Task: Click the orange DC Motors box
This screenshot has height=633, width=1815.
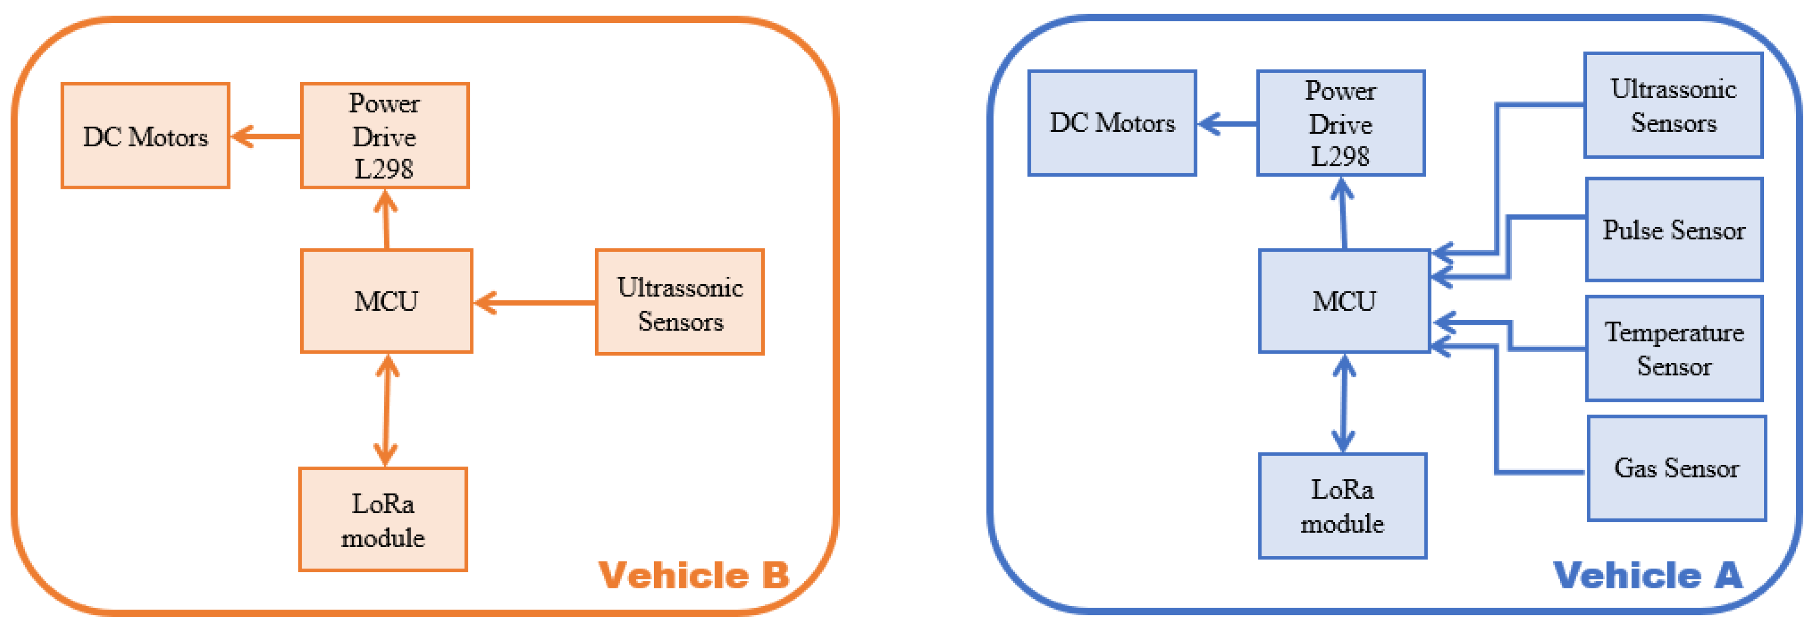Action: [145, 136]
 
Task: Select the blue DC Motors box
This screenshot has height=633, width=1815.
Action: [1112, 123]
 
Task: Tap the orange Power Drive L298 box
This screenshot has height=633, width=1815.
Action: [385, 136]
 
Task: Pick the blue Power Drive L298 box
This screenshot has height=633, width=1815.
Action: [1340, 123]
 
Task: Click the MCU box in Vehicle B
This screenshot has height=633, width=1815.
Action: [386, 301]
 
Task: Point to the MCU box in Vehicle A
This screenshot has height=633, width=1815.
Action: [1344, 301]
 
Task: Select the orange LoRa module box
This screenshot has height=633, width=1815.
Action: [383, 519]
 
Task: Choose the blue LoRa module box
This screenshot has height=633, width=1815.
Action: [1342, 506]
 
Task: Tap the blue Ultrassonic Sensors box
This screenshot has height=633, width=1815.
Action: [1673, 106]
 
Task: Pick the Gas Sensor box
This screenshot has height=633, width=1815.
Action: [1676, 469]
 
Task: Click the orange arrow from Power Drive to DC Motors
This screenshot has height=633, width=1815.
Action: [266, 136]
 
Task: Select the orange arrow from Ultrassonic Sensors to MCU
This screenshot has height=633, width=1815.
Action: [534, 303]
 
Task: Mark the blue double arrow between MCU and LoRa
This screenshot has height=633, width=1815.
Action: [1344, 403]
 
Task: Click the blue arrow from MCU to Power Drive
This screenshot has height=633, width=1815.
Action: [1343, 213]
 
